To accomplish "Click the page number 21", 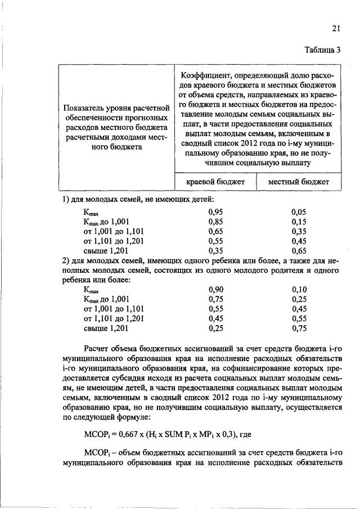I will pyautogui.click(x=336, y=29).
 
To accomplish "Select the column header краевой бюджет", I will pyautogui.click(x=215, y=182).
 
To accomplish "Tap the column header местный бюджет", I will pyautogui.click(x=298, y=182).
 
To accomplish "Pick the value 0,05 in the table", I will pyautogui.click(x=299, y=212).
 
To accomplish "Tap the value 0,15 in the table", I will pyautogui.click(x=299, y=222).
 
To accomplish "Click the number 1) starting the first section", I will pyautogui.click(x=65, y=200).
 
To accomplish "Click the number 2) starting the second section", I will pyautogui.click(x=65, y=260).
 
